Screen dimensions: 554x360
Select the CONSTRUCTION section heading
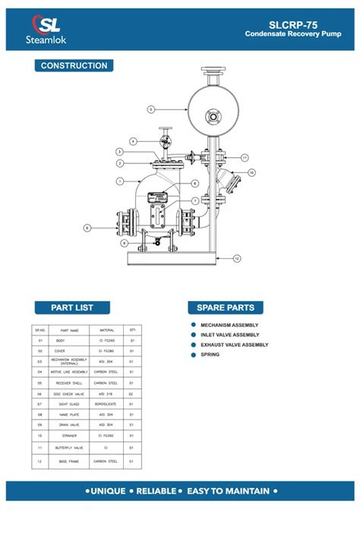pos(74,66)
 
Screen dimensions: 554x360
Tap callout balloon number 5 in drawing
pos(150,109)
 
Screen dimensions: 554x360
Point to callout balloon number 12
pos(236,259)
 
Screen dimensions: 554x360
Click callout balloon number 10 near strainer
pos(251,172)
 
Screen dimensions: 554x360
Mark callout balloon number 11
pos(245,157)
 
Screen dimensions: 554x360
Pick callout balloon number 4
pos(133,141)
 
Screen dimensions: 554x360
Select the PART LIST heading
pos(72,307)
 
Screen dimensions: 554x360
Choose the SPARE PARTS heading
pos(226,307)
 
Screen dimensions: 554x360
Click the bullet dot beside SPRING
pos(194,354)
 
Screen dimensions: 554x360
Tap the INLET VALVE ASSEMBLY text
pos(229,335)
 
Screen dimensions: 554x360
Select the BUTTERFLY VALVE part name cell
pos(64,448)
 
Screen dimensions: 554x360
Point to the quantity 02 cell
pos(132,394)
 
